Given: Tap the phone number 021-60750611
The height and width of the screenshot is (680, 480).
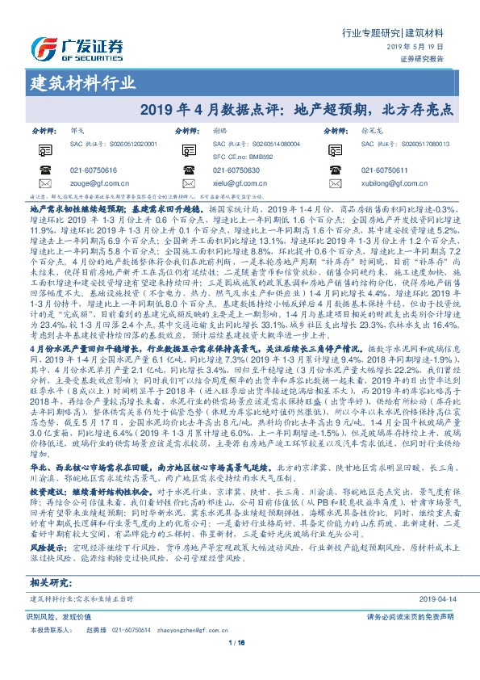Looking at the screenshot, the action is click(386, 170).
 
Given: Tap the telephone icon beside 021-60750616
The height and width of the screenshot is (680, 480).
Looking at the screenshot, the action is click(45, 170).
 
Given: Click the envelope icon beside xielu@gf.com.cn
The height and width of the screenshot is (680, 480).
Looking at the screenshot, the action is click(191, 183).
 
